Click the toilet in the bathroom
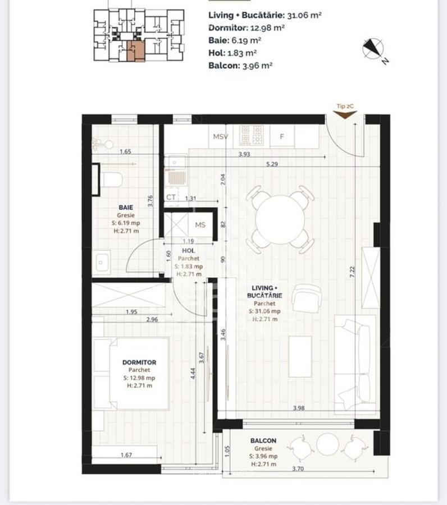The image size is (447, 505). pyautogui.click(x=112, y=180)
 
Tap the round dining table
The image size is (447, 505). pyautogui.click(x=280, y=219)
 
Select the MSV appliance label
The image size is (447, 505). pyautogui.click(x=220, y=136)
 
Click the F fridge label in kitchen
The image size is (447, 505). pyautogui.click(x=282, y=136)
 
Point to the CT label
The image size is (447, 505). pyautogui.click(x=171, y=198)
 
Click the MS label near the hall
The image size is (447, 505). pyautogui.click(x=200, y=225)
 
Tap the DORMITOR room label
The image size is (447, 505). pyautogui.click(x=139, y=362)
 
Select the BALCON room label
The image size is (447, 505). pyautogui.click(x=263, y=441)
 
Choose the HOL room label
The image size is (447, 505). pyautogui.click(x=188, y=251)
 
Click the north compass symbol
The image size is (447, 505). pyautogui.click(x=372, y=49)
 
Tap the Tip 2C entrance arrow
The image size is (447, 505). pyautogui.click(x=345, y=114)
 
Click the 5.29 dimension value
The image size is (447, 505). pyautogui.click(x=274, y=164)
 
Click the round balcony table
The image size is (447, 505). pyautogui.click(x=327, y=444)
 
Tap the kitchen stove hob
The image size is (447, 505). pyautogui.click(x=251, y=136)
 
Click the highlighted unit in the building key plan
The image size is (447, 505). pyautogui.click(x=135, y=50)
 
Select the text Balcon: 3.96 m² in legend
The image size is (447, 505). pyautogui.click(x=240, y=65)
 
